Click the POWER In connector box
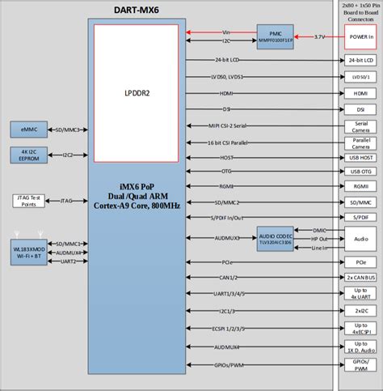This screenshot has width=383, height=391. pos(360,36)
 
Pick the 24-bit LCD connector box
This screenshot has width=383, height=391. pos(360,61)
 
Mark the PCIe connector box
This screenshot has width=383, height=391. pos(360,262)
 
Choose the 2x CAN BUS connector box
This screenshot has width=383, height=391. pos(360,278)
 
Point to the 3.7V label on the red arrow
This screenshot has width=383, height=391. pos(319,36)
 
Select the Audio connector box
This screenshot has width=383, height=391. pos(360,239)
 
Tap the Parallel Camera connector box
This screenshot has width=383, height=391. pos(360,142)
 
